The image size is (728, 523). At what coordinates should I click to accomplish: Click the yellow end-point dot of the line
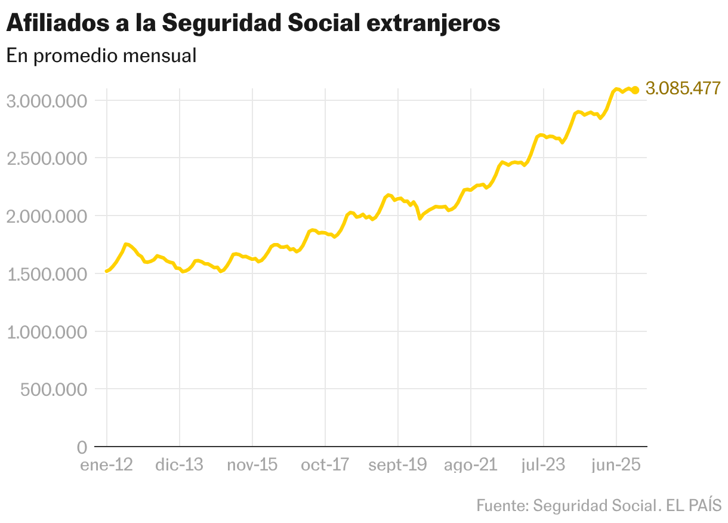coord(636,90)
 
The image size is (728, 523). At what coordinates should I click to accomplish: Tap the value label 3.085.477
coord(683,88)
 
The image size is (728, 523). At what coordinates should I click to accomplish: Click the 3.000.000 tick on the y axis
coord(47,100)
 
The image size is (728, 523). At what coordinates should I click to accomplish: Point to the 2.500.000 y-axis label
coord(47,158)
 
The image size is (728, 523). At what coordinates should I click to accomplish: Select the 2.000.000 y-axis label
coord(47,216)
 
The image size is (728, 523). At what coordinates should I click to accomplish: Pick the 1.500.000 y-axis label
coord(47,274)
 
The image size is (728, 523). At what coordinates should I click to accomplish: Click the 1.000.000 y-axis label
coord(47,332)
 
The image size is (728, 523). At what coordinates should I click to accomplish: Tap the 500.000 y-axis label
coord(54,390)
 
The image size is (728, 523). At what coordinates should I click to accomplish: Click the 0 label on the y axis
coord(82,447)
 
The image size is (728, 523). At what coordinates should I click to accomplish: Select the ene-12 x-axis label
coord(106,465)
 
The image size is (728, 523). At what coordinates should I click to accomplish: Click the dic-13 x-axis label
coord(179,465)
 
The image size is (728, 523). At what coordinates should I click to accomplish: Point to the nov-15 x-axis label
coord(252,465)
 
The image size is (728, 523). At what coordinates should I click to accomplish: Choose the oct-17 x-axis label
coord(325,465)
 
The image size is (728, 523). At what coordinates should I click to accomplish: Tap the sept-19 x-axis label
coord(397,465)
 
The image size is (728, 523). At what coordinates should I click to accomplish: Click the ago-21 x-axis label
coord(470,465)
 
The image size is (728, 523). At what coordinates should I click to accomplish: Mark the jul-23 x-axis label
coord(543,465)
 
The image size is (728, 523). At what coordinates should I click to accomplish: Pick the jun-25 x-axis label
coord(616,465)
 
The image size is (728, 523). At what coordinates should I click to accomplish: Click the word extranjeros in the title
coord(433,24)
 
